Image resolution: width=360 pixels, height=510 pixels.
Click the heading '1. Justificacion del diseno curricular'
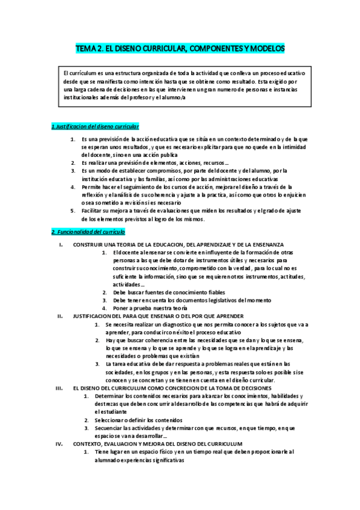point(95,126)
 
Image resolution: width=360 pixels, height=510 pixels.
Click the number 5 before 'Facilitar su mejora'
point(72,210)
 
